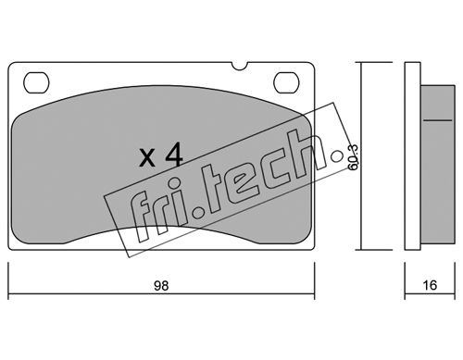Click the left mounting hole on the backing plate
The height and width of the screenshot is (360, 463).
point(36,82)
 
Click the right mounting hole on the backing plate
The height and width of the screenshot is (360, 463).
point(286,82)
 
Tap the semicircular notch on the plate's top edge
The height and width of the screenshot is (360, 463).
point(240,66)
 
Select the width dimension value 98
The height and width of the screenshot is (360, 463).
point(161,286)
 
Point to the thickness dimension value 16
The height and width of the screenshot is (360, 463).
point(430,285)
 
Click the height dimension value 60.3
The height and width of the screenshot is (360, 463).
point(353,157)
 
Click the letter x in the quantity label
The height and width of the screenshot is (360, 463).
point(147,158)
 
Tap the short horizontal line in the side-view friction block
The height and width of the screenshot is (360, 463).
point(437,120)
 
